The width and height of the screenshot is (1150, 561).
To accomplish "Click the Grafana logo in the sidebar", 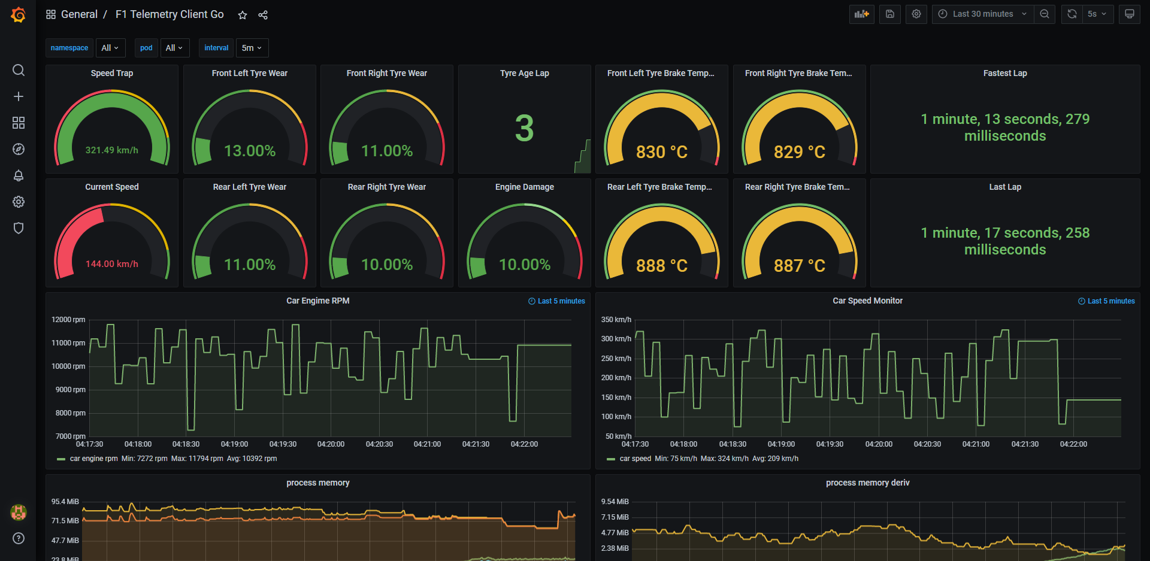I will point(19,14).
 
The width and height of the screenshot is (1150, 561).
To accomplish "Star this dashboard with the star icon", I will point(243,15).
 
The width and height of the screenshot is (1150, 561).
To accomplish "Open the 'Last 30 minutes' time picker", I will point(982,14).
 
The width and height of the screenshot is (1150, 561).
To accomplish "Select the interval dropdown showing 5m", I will point(252,48).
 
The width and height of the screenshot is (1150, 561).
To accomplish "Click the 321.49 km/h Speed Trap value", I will point(112,150).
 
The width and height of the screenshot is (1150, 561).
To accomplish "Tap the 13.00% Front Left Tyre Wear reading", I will point(250,151).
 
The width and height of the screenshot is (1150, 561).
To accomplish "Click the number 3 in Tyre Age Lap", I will point(524,128).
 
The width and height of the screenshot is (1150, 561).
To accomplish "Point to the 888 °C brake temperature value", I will point(661,265).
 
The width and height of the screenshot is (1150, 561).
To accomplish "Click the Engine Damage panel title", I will point(524,187).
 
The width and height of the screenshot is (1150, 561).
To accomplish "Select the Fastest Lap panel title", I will point(1004,73).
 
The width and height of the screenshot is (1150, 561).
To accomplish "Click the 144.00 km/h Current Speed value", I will point(112,264).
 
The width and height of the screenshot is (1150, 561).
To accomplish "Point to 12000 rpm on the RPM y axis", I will point(68,320).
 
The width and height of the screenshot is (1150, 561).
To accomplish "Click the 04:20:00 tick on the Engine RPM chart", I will point(331,444).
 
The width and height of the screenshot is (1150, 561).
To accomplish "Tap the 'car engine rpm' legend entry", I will point(93,459).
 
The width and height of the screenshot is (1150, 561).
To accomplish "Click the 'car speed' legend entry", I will point(635,459).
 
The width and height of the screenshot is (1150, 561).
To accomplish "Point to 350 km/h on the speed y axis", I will point(616,320).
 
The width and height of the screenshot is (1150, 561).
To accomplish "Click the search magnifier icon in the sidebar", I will point(19,70).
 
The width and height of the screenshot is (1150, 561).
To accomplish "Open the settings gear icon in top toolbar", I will point(916,14).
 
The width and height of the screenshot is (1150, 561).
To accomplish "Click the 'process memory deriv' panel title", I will point(867,483).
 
